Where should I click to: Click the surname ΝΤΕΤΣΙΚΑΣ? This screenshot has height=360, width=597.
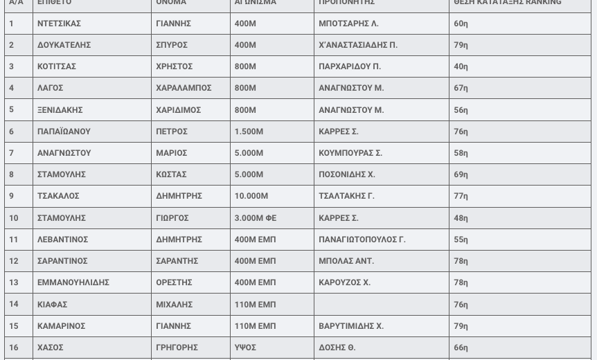pos(59,24)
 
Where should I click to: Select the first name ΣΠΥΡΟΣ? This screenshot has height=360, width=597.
pos(172,45)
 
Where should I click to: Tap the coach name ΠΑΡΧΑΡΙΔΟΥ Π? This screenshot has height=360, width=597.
pos(350,66)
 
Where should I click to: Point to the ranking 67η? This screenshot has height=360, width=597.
pos(461,88)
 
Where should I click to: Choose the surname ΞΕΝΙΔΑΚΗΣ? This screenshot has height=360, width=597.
pos(60,110)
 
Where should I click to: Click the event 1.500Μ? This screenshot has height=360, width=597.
pos(249,132)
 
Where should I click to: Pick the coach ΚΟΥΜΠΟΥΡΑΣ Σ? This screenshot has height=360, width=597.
pos(350,153)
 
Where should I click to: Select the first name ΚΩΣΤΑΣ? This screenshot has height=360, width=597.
pos(171,174)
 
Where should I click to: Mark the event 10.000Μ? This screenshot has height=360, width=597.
pos(251,196)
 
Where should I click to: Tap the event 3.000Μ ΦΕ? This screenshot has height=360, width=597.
pos(256,218)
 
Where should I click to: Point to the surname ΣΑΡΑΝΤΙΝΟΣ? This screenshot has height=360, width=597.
pos(62,261)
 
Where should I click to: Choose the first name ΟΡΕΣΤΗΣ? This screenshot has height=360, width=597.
pos(174,282)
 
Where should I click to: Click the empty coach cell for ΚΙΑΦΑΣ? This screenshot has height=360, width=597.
pos(381,304)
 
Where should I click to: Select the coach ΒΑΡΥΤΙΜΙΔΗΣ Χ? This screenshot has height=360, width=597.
pos(351,326)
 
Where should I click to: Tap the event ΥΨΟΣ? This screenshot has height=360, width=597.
pos(245,348)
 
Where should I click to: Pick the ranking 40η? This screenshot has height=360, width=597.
pos(461,66)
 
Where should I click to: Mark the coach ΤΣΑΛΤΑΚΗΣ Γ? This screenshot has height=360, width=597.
pos(346,196)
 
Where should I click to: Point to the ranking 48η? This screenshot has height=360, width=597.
pos(461,218)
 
